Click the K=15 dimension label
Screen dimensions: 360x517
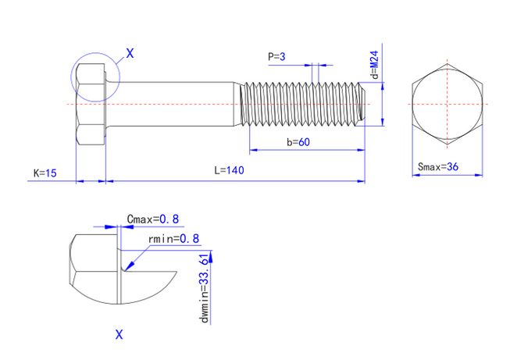coord(45,173)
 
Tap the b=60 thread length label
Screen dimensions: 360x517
coord(298,142)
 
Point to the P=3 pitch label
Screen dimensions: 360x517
coord(277,56)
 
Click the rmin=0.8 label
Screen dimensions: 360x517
coord(173,238)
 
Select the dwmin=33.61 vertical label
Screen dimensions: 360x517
coord(205,288)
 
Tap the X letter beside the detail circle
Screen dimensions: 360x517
coord(130,53)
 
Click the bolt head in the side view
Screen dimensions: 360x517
coord(90,104)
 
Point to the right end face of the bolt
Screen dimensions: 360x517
coord(365,103)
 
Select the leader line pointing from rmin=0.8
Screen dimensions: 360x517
coord(137,257)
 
